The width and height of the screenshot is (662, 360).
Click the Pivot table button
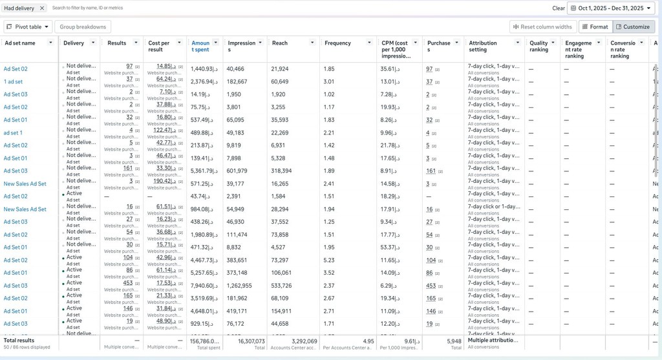point(28,26)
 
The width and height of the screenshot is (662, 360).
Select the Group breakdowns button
point(83,26)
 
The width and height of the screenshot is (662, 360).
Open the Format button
point(594,26)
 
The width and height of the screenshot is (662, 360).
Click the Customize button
point(633,26)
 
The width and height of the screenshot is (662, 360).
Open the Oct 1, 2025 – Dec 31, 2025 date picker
point(611,8)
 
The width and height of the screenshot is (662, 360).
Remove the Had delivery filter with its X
point(42,8)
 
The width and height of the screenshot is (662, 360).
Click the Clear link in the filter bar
point(559,8)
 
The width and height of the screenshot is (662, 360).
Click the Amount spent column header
point(200,46)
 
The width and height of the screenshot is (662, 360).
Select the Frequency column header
point(337,43)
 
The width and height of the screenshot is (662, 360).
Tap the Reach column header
point(280,43)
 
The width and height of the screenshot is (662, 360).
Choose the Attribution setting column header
point(483,46)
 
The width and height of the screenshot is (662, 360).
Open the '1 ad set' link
point(13,81)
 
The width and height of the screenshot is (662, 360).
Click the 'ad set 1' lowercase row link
point(13,132)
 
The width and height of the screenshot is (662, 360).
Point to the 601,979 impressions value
point(237,171)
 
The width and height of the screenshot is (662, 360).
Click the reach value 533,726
point(281,286)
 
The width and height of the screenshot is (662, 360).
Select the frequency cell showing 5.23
point(329,260)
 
